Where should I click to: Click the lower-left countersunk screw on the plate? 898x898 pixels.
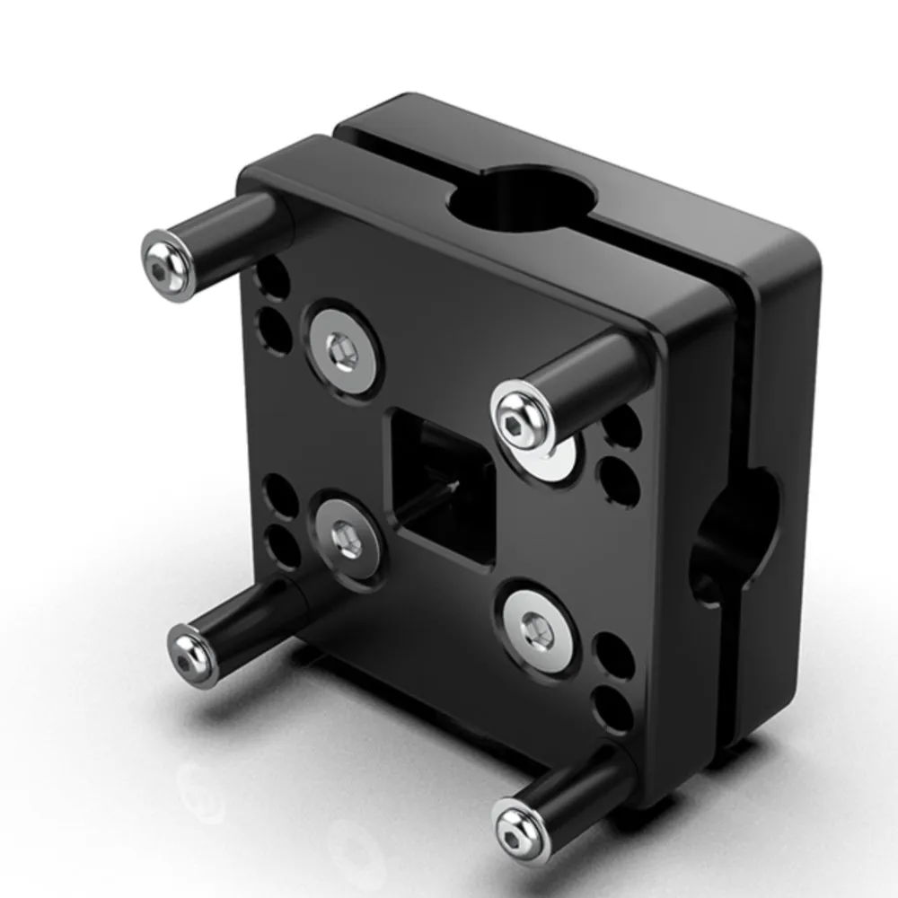[x=347, y=540]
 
